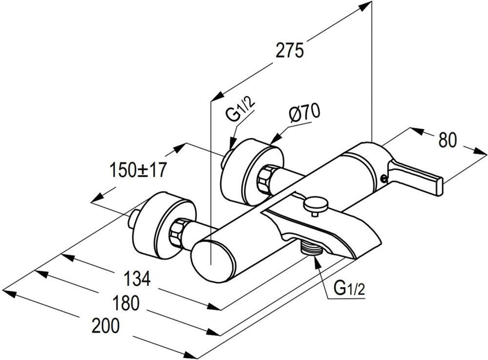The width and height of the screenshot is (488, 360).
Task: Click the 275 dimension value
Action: coord(289,51)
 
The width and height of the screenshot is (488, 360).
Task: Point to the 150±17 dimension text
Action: coord(138,169)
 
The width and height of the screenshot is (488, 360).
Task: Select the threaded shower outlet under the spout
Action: coord(310,248)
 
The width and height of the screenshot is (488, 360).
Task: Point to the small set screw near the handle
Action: coord(384,178)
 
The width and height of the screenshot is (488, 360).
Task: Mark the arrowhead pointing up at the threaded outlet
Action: coord(318,262)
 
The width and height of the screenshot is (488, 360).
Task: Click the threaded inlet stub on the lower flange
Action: coord(134,218)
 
